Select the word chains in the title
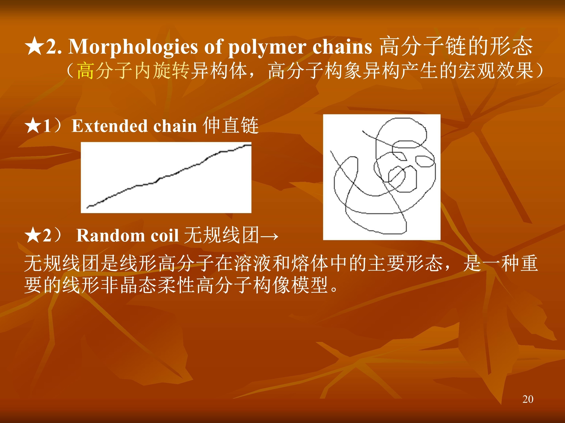click(342, 47)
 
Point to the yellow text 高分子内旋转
click(133, 71)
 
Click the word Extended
click(110, 126)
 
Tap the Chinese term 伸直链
click(231, 125)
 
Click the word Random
click(110, 235)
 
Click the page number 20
click(528, 399)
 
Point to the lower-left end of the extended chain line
click(87, 208)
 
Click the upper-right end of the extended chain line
click(251, 145)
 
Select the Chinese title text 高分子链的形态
click(456, 46)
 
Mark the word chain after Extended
click(175, 126)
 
